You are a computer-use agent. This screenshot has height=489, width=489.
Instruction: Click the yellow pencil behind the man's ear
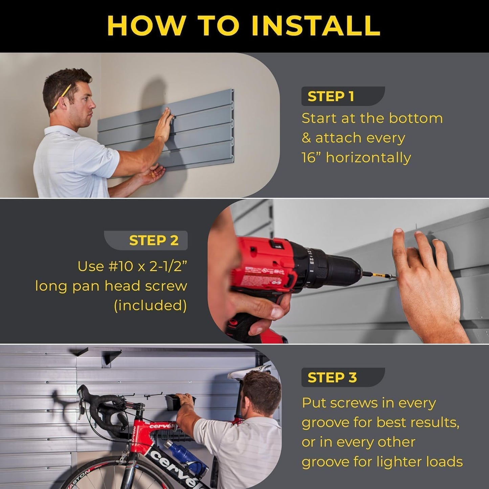pyautogui.click(x=62, y=96)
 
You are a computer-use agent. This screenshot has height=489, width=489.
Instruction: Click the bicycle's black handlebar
pyautogui.click(x=102, y=406)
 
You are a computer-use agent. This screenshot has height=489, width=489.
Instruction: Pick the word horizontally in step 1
pyautogui.click(x=368, y=158)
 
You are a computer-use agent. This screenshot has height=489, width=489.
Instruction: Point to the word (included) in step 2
pyautogui.click(x=150, y=306)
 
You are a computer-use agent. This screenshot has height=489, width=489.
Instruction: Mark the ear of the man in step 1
pyautogui.click(x=62, y=103)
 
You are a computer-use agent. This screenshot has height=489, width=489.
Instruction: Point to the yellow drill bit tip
pyautogui.click(x=379, y=275)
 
